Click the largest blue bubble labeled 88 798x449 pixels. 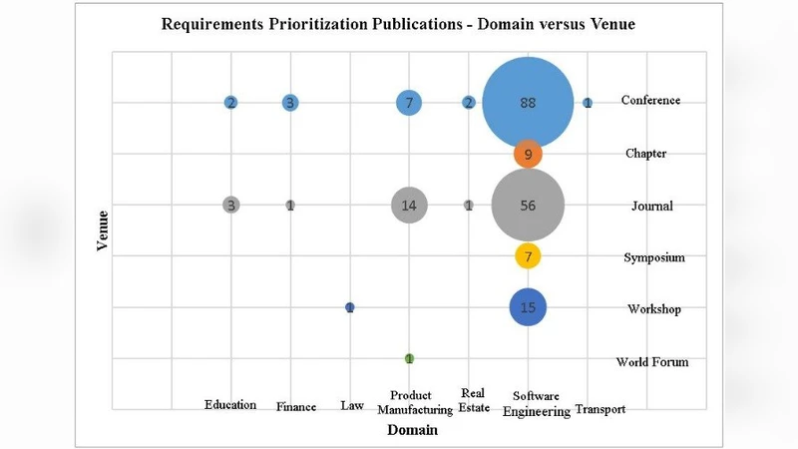(528, 103)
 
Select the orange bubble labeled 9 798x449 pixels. (528, 154)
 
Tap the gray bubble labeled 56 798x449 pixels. (528, 206)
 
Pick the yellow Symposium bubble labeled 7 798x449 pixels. (528, 256)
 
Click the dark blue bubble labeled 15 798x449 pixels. (528, 307)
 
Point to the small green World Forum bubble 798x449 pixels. (409, 358)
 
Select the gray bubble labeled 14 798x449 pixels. (409, 206)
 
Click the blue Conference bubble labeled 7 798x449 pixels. (409, 103)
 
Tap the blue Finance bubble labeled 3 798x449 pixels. (290, 103)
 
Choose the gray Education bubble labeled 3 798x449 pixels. (231, 206)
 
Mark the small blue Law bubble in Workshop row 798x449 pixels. (349, 307)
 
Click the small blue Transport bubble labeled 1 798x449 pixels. (588, 103)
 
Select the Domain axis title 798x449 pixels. (412, 432)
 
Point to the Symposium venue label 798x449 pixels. (655, 257)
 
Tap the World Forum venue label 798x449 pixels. (652, 362)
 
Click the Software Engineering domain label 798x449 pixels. (536, 403)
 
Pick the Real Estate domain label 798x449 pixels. (474, 399)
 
